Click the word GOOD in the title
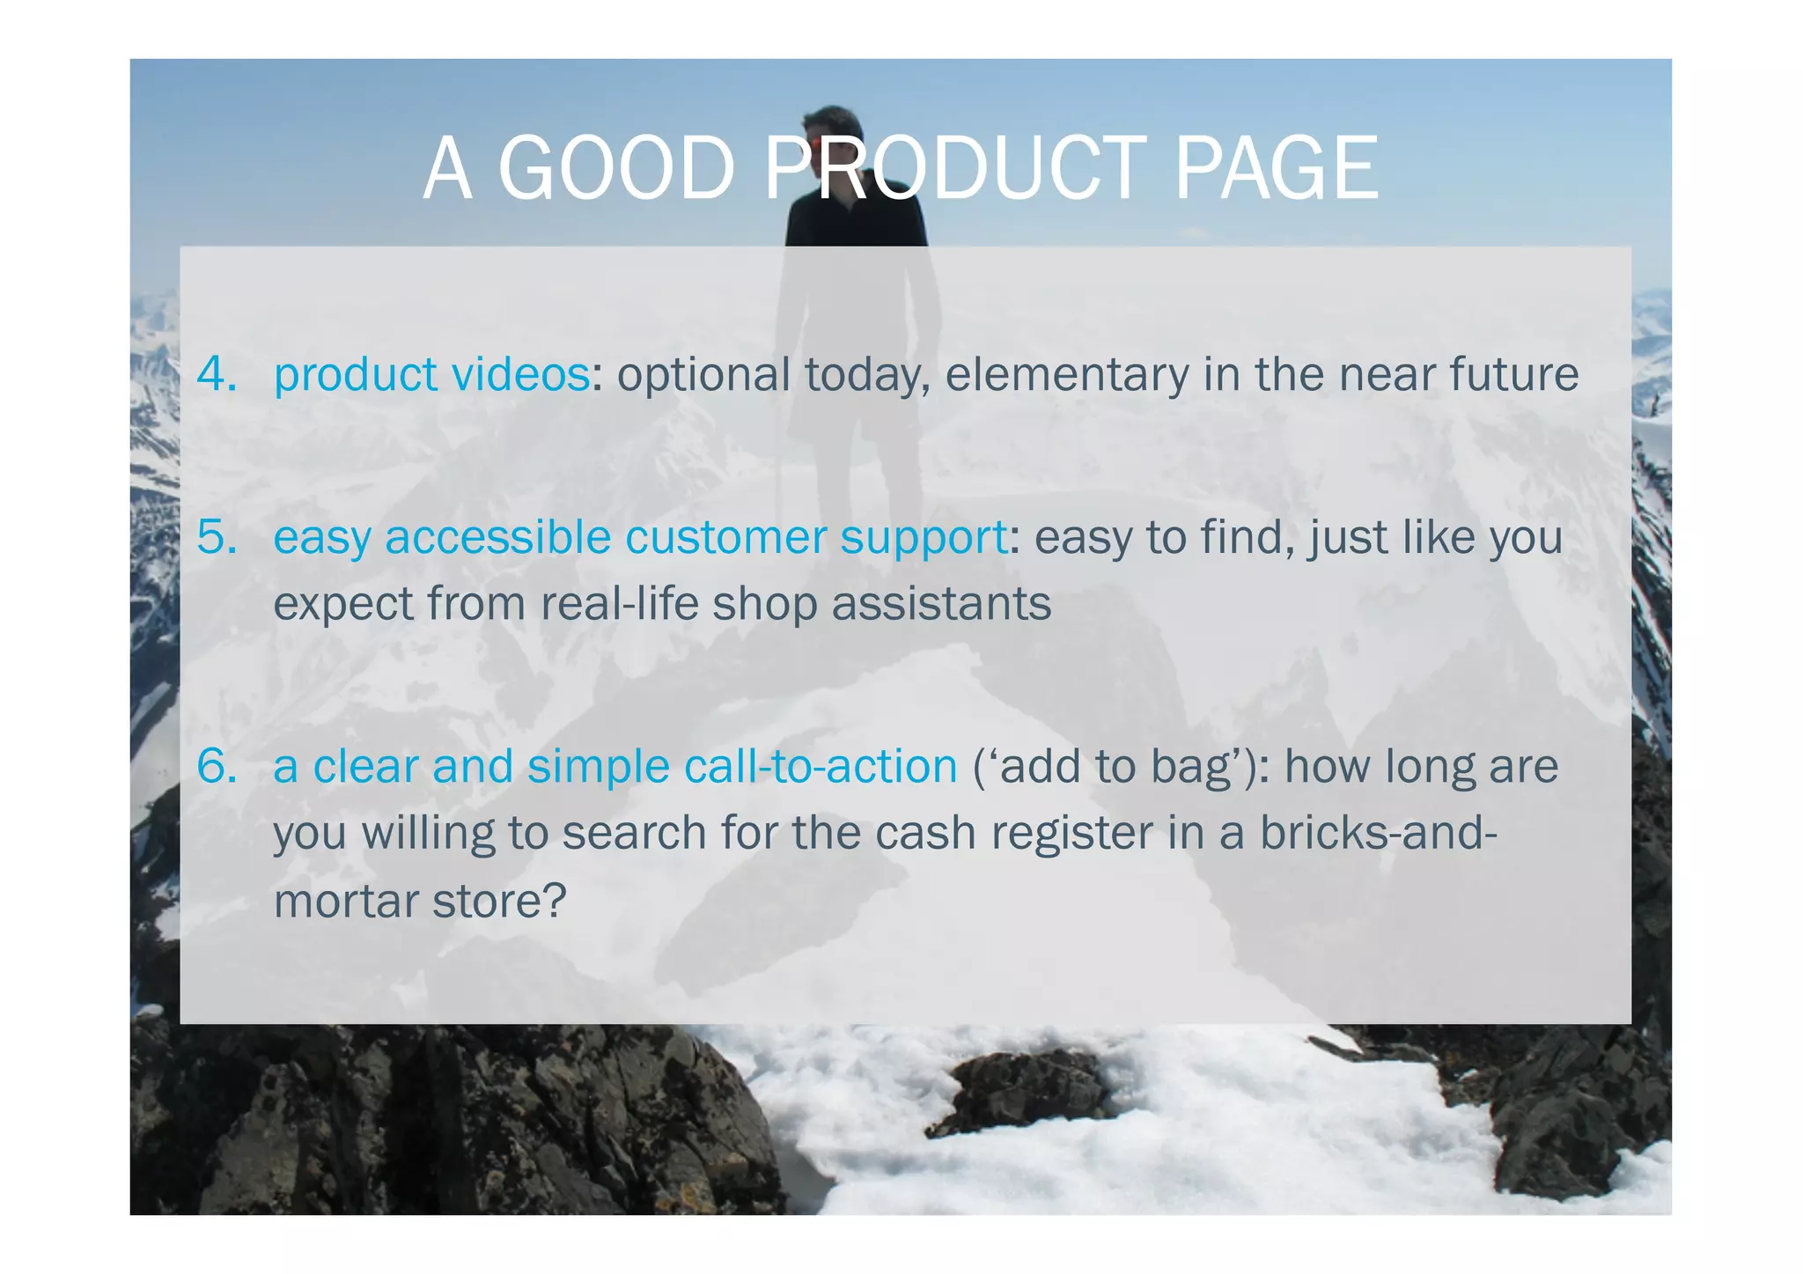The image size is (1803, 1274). (616, 168)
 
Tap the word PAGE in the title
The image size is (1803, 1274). (1276, 168)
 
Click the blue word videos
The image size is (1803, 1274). (520, 373)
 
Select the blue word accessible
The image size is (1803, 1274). (498, 536)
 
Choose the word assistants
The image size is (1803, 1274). (941, 604)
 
